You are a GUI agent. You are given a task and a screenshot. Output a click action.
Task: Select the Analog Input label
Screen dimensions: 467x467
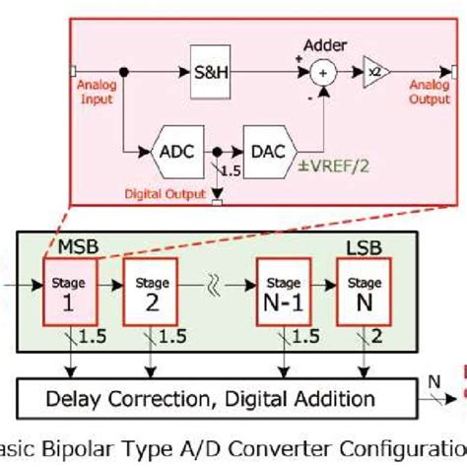click(x=95, y=94)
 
